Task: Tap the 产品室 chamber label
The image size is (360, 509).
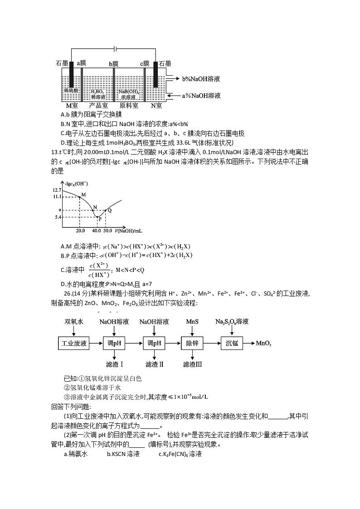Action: point(98,106)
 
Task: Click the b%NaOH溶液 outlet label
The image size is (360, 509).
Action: point(201,79)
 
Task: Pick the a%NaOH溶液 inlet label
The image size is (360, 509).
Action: point(201,96)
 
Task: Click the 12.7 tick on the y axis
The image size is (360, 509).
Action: point(57,189)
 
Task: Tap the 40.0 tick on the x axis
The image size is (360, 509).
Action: point(96,231)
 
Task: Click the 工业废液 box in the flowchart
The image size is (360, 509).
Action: point(74,343)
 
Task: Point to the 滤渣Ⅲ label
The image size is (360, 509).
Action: point(192,364)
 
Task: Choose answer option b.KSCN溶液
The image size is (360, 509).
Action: point(123,454)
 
